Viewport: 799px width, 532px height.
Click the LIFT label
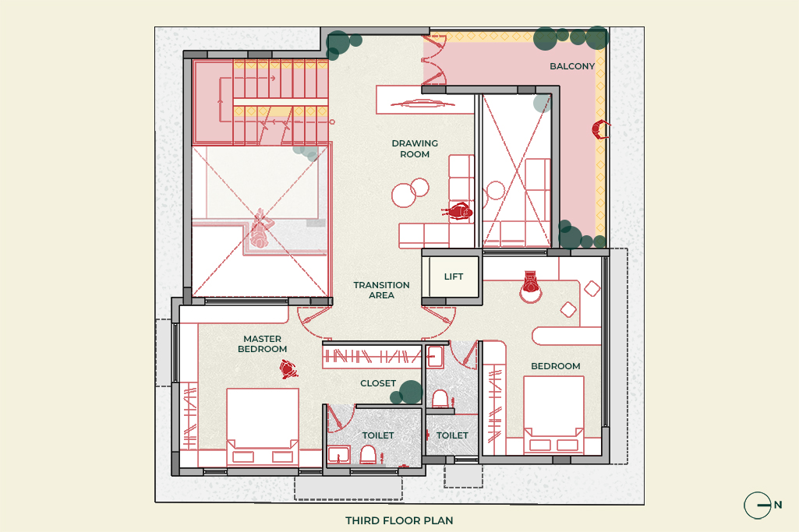click(x=453, y=277)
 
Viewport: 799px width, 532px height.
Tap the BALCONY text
click(x=571, y=66)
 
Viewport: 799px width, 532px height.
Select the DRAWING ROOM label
click(x=415, y=149)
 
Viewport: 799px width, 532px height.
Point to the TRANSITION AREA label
click(x=381, y=291)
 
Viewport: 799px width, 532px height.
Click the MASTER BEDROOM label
click(x=263, y=344)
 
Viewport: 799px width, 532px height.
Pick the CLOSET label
click(x=377, y=383)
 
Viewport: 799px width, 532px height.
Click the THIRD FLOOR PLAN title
click(x=399, y=520)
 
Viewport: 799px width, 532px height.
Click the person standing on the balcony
click(x=601, y=129)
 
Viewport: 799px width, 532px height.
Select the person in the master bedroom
click(x=288, y=369)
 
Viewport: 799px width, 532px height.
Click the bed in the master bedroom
click(x=263, y=427)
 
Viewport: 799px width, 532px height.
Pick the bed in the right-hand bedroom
click(x=553, y=414)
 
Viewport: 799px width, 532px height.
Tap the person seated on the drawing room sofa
click(x=460, y=212)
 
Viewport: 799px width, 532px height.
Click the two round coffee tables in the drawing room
click(x=410, y=192)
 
